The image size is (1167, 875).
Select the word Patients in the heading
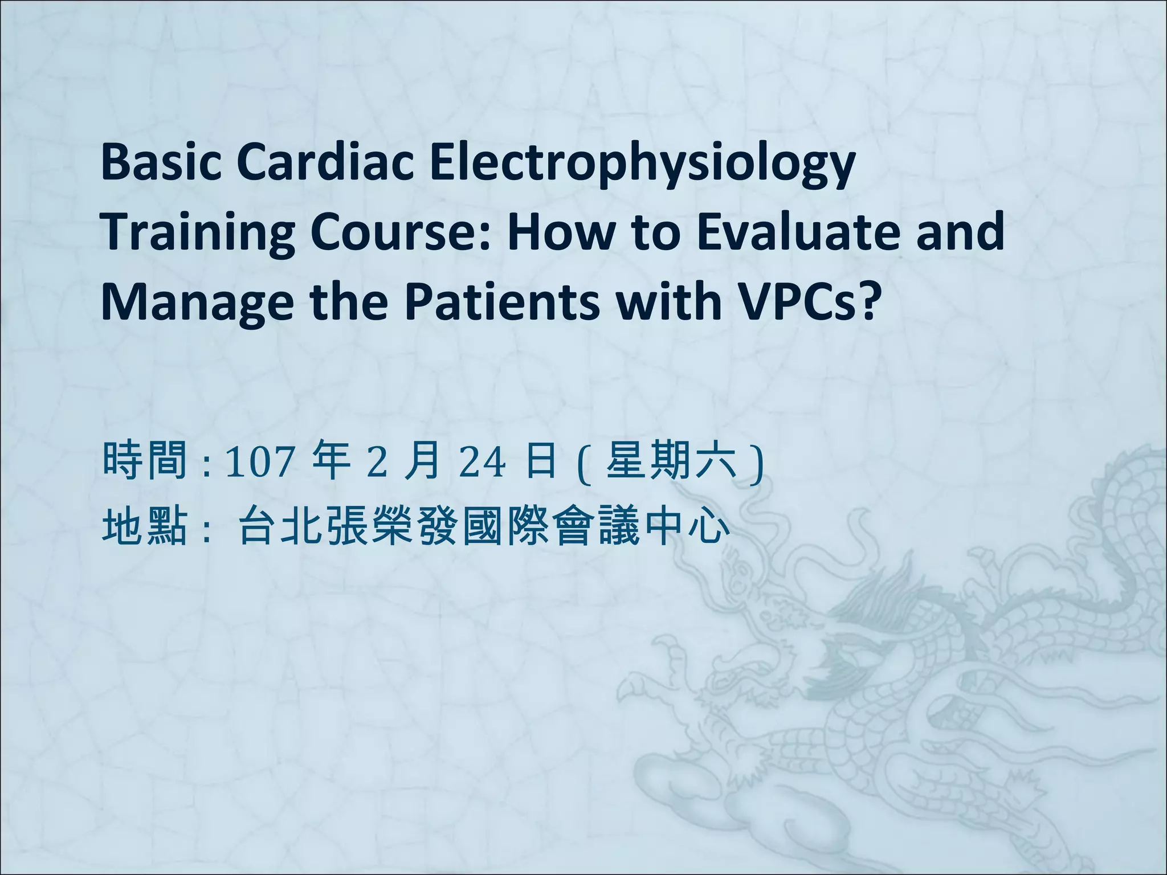(502, 300)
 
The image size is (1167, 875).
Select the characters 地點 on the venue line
(145, 526)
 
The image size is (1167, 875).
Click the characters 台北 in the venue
(278, 526)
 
